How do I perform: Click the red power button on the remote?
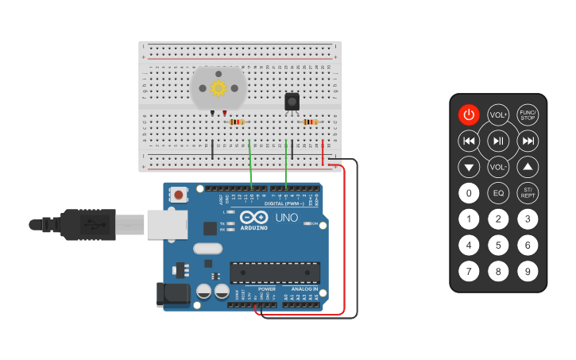(x=469, y=115)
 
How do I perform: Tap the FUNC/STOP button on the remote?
(x=528, y=115)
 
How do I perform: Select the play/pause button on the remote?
(x=498, y=141)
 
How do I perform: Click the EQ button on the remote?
(x=498, y=193)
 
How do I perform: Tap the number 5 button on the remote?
(x=498, y=246)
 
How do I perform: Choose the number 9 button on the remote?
(x=528, y=272)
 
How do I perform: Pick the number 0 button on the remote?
(x=469, y=193)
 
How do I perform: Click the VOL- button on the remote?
(x=498, y=167)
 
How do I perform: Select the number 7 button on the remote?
(x=469, y=272)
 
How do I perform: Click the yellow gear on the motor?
(x=218, y=87)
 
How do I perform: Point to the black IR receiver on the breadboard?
(x=292, y=102)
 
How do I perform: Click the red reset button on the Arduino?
(x=180, y=195)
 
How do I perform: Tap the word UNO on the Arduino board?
(x=286, y=217)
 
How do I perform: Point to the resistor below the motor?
(x=236, y=122)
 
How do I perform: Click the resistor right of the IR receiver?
(x=310, y=122)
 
